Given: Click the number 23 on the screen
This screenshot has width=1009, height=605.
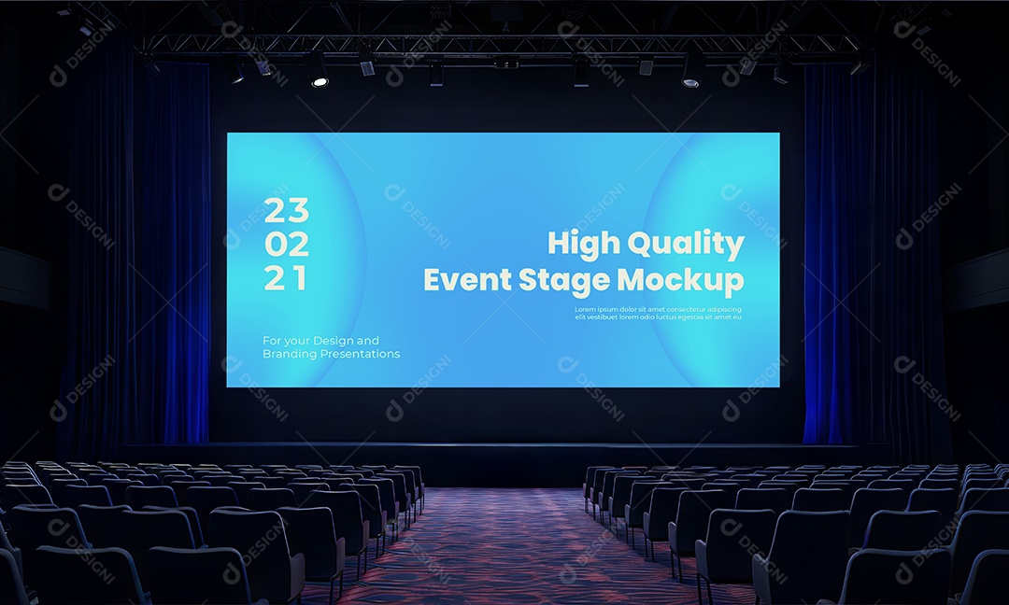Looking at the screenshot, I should (286, 210).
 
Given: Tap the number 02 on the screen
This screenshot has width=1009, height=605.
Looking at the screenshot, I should (286, 244).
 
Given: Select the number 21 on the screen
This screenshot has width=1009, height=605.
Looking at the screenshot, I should (284, 277).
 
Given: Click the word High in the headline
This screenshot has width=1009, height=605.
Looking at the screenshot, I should (583, 244).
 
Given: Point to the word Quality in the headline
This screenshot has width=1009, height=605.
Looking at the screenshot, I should (686, 245).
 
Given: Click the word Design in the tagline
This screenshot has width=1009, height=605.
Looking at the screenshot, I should (333, 341).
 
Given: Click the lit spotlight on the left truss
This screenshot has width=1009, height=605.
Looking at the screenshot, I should (320, 82).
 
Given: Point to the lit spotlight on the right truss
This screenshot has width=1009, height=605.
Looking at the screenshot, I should (690, 83).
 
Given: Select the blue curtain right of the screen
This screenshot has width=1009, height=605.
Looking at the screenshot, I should (831, 252).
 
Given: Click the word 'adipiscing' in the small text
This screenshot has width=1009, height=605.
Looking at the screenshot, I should (723, 309).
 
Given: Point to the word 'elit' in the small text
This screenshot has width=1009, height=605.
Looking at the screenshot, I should (580, 317).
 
